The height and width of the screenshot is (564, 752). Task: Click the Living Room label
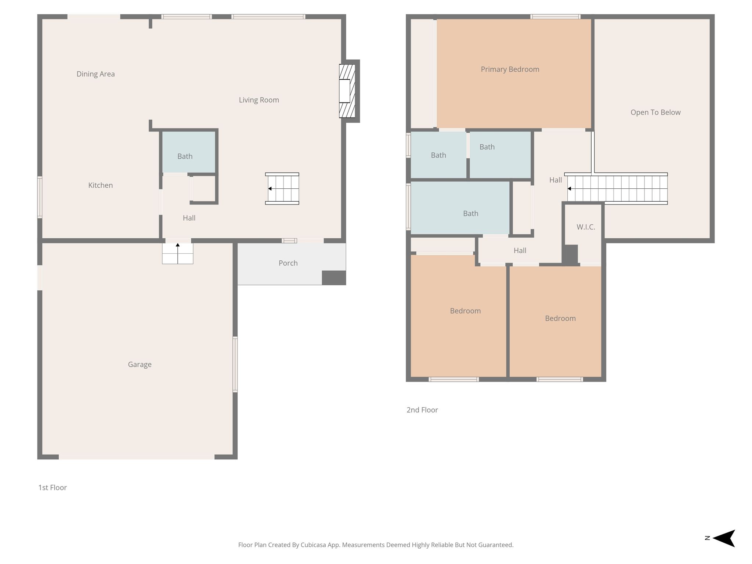pyautogui.click(x=259, y=100)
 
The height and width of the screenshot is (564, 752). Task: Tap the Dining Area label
pyautogui.click(x=95, y=74)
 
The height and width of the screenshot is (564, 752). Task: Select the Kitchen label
pyautogui.click(x=100, y=185)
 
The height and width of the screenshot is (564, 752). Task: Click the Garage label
pyautogui.click(x=140, y=364)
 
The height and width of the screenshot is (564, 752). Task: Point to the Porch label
pyautogui.click(x=288, y=263)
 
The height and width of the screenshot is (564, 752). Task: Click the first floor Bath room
pyautogui.click(x=189, y=152)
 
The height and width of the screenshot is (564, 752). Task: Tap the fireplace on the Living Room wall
pyautogui.click(x=347, y=91)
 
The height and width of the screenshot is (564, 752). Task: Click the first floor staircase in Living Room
pyautogui.click(x=282, y=188)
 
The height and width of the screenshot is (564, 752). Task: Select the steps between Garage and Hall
pyautogui.click(x=178, y=253)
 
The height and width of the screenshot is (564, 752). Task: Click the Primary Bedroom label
pyautogui.click(x=510, y=69)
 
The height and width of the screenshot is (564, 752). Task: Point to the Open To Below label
pyautogui.click(x=655, y=112)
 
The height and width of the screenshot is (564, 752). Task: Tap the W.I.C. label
pyautogui.click(x=586, y=227)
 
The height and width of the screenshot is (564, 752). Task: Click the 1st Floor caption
pyautogui.click(x=53, y=488)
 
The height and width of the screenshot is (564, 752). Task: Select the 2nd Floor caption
pyautogui.click(x=422, y=410)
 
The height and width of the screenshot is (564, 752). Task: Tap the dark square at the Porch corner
pyautogui.click(x=334, y=278)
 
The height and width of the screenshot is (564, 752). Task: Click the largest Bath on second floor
pyautogui.click(x=460, y=208)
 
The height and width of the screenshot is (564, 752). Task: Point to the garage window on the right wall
pyautogui.click(x=235, y=364)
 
